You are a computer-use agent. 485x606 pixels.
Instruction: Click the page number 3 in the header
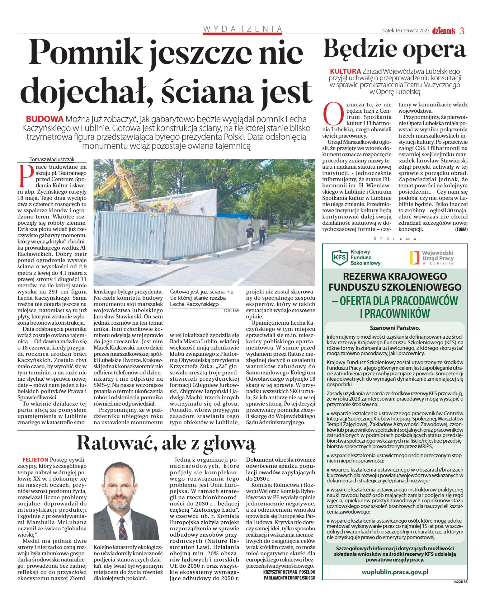click(x=462, y=31)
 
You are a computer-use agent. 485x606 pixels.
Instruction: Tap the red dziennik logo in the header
click(x=444, y=31)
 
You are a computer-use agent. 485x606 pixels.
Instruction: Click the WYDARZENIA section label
click(x=242, y=29)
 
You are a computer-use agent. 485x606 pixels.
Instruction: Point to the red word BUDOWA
click(x=45, y=119)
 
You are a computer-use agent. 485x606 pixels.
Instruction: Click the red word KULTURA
click(x=345, y=71)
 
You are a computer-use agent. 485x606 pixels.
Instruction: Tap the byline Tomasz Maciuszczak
click(x=52, y=159)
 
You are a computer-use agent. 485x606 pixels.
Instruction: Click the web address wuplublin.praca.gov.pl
click(x=395, y=572)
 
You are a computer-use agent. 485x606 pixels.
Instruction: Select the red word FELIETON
click(x=35, y=460)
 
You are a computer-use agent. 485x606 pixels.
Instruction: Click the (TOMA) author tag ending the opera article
click(x=461, y=229)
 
